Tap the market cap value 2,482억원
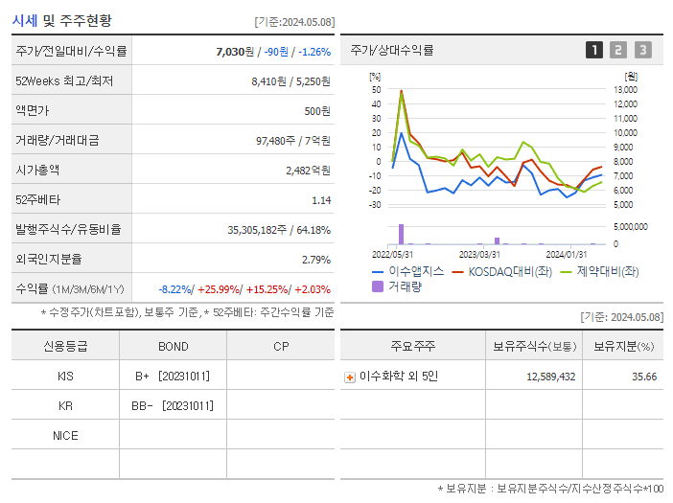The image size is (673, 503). pyautogui.click(x=308, y=171)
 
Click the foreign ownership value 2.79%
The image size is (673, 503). pyautogui.click(x=315, y=260)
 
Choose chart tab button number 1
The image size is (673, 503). pyautogui.click(x=594, y=51)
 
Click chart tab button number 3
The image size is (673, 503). pyautogui.click(x=642, y=51)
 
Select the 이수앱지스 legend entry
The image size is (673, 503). pyautogui.click(x=407, y=271)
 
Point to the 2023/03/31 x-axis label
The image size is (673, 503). pyautogui.click(x=479, y=254)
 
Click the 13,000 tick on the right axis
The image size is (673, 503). pyautogui.click(x=624, y=90)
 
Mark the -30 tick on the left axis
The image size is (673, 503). pyautogui.click(x=375, y=205)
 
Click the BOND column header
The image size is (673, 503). pyautogui.click(x=173, y=346)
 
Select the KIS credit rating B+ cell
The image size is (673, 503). pyautogui.click(x=173, y=377)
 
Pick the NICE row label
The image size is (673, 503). pyautogui.click(x=65, y=436)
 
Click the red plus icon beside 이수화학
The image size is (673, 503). pyautogui.click(x=349, y=377)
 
